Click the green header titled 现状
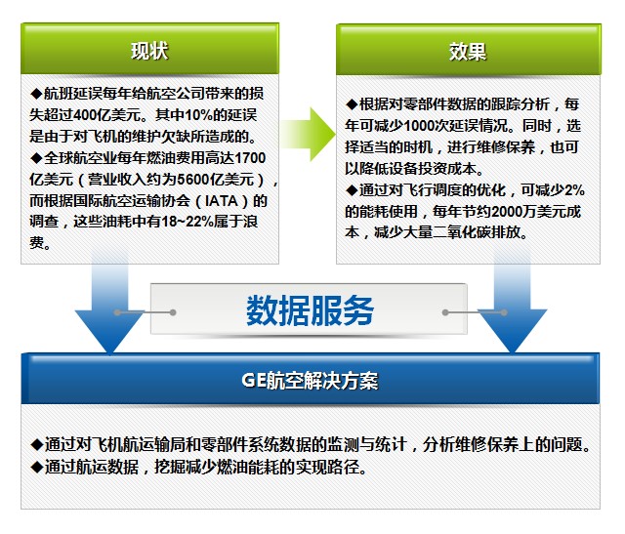149,49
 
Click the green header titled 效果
469,50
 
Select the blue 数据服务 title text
310,310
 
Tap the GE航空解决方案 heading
310,380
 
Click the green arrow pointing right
308,135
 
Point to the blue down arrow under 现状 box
110,303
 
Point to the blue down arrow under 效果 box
513,303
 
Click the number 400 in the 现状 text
85,115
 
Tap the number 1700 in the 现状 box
250,158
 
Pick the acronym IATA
222,201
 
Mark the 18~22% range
187,222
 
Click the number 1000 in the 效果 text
420,126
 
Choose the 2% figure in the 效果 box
574,190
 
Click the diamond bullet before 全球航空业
36,158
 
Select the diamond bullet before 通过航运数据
37,467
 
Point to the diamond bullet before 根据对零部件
352,104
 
